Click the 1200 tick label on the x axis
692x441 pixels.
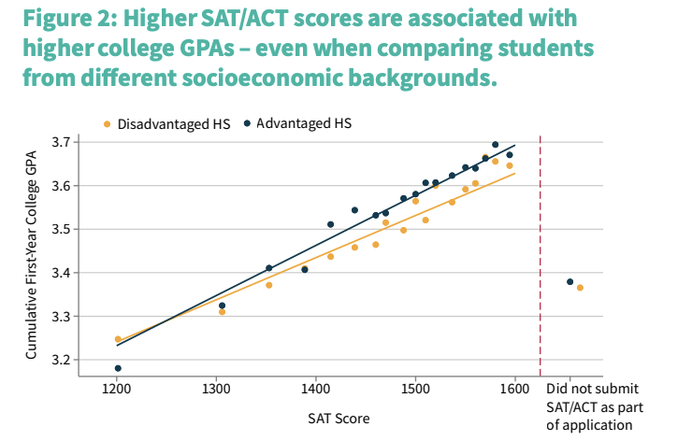coord(117,388)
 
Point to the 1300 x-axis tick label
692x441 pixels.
coord(216,388)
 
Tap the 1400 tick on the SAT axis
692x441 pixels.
coord(316,388)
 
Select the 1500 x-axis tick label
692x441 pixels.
coord(415,388)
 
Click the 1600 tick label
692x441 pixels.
coord(514,388)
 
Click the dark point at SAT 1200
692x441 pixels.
coord(118,368)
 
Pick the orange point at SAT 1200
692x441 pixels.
coord(118,339)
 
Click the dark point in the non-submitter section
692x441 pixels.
coord(569,281)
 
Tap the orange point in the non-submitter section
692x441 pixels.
coord(580,288)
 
